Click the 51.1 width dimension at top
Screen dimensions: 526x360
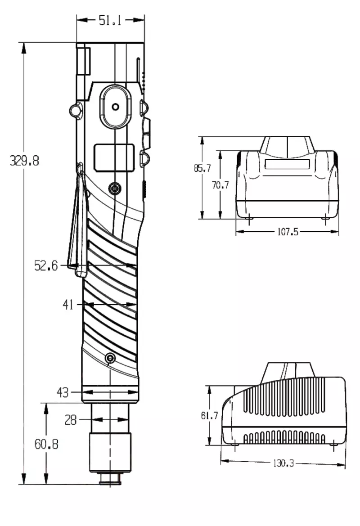click(110, 20)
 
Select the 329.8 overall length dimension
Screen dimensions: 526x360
click(24, 161)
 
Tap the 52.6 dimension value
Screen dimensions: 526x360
click(46, 266)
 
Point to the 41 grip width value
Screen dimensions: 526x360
click(68, 305)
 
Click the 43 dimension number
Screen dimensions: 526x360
click(63, 392)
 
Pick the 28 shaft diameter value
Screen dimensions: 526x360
click(71, 420)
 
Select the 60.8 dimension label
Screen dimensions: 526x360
click(46, 445)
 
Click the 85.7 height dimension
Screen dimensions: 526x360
click(202, 169)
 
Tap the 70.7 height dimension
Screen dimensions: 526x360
click(220, 184)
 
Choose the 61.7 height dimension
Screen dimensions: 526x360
click(209, 416)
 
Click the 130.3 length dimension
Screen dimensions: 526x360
click(283, 463)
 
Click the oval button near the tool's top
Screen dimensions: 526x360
click(116, 107)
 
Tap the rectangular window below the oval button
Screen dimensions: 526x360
click(114, 158)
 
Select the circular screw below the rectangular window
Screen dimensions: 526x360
click(115, 188)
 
